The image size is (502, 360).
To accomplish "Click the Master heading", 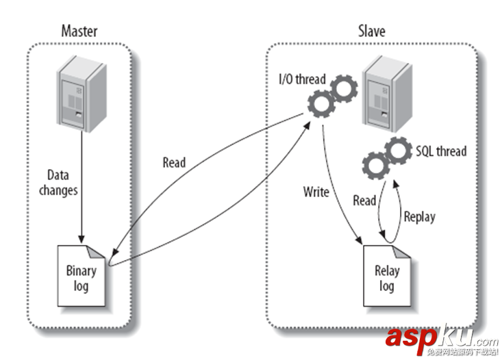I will [79, 30].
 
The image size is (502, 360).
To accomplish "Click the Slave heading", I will [372, 31].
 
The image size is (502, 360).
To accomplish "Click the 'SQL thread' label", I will [440, 150].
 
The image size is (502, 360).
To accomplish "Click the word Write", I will [316, 192].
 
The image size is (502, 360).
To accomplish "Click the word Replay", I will [419, 217].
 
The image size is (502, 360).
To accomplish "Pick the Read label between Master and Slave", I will [174, 163].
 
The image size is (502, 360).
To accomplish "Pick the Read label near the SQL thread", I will [364, 201].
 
